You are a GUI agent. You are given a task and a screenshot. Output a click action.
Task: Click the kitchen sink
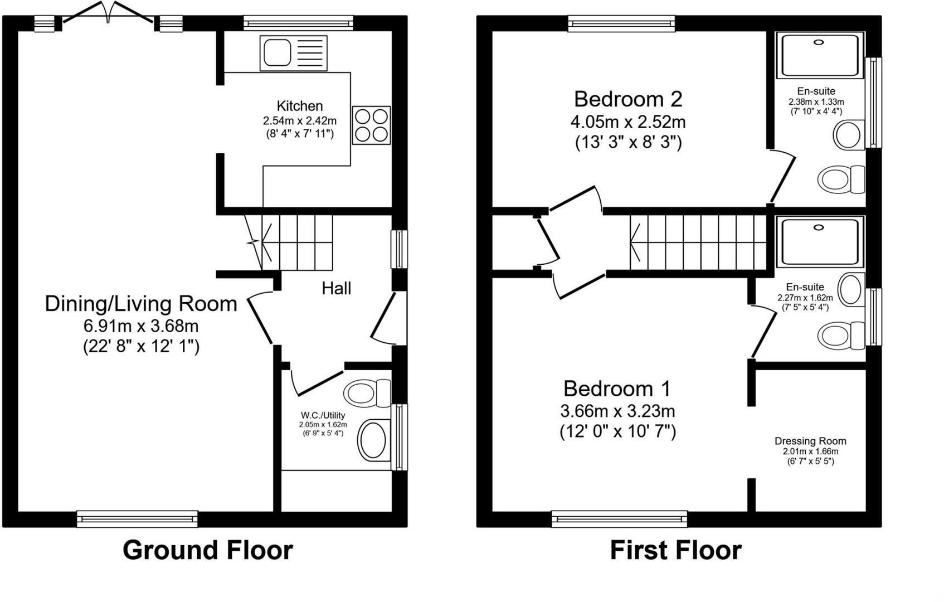pos(293,53)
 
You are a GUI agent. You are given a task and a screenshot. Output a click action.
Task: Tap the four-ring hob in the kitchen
pos(371,125)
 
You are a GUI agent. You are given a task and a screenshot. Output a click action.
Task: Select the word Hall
pos(336,288)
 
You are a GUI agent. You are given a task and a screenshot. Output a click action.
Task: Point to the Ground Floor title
pos(207,550)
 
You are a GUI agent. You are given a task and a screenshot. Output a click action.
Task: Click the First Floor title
pos(675,550)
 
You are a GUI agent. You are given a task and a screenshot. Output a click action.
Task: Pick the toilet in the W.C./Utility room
pos(368,394)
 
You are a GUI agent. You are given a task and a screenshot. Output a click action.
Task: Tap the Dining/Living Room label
pos(141,304)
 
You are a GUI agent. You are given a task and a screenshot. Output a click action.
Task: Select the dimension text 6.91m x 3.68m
pos(141,326)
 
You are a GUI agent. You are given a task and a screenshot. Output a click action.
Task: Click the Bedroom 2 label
pos(628,99)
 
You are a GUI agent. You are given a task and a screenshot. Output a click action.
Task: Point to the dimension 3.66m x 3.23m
pos(617,411)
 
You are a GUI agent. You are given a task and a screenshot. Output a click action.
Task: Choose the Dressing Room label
pos(810,441)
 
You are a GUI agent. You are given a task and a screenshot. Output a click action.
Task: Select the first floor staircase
pos(699,242)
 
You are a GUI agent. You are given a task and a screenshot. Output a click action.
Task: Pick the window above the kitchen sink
pos(298,23)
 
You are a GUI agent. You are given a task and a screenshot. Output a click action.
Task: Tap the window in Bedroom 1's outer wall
pos(619,519)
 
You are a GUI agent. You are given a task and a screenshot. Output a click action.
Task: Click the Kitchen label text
pos(300,106)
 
